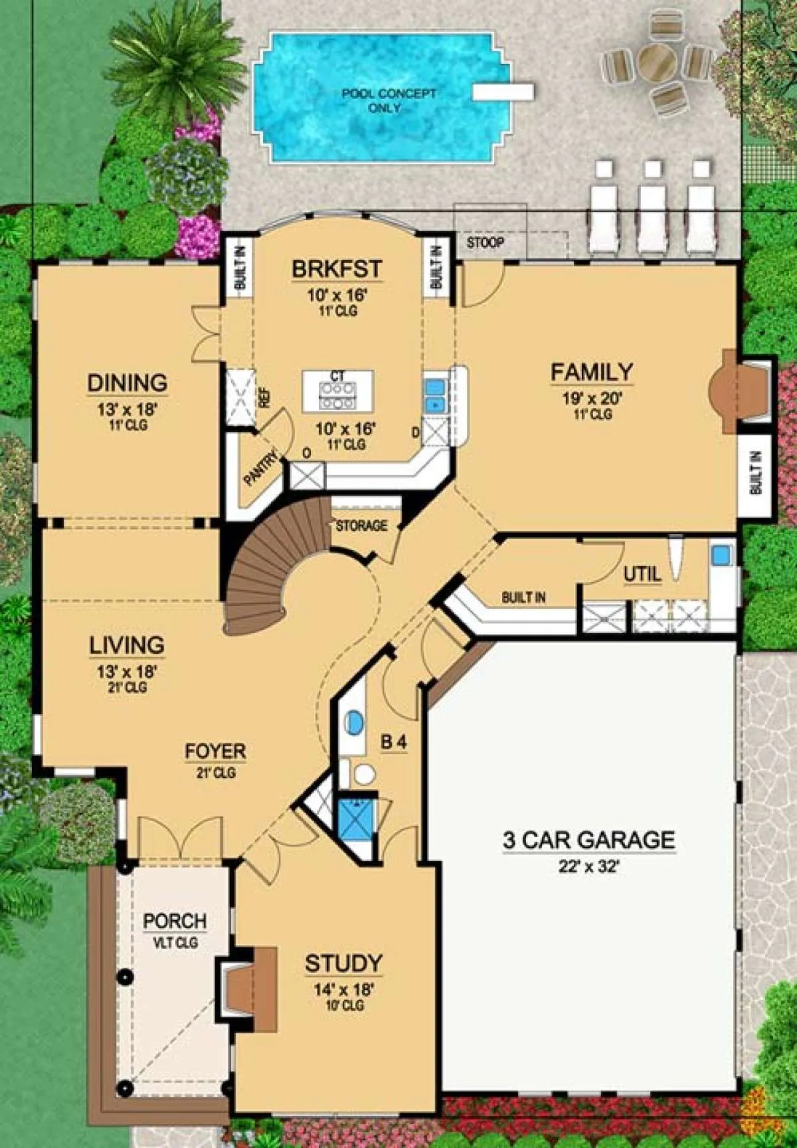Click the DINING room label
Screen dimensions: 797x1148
click(x=127, y=383)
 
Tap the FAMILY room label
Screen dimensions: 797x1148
click(x=591, y=372)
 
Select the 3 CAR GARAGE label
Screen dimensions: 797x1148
click(x=588, y=840)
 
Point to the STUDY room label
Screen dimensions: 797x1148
click(x=343, y=963)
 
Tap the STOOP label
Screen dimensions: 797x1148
click(x=485, y=242)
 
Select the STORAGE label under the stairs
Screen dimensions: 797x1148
click(x=361, y=526)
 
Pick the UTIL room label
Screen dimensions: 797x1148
click(x=642, y=573)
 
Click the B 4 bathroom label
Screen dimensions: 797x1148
click(x=393, y=742)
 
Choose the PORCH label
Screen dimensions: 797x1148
click(x=175, y=921)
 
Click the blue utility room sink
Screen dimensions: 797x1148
click(x=721, y=553)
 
